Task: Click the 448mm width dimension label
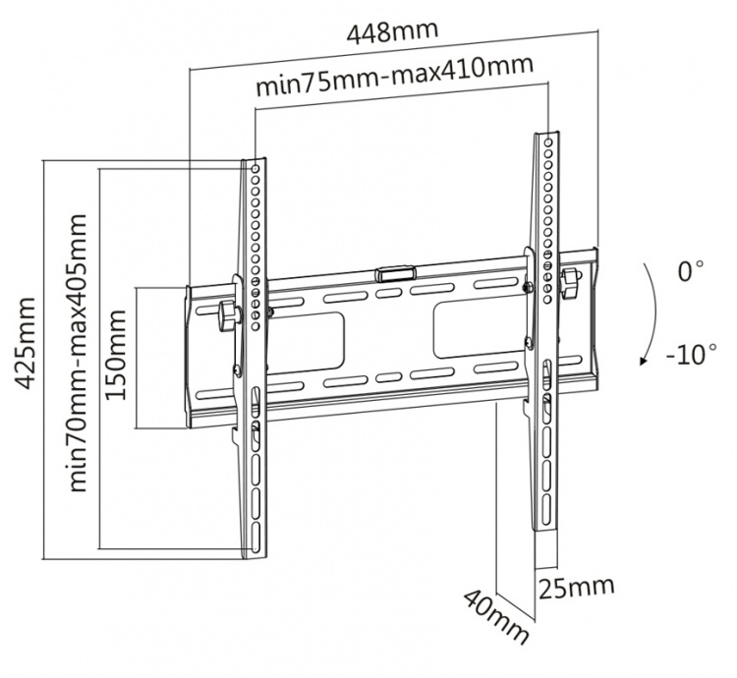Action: coord(392,32)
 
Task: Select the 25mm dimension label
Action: coord(577,588)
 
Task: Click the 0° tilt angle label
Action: coord(690,272)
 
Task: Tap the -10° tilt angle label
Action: coord(690,353)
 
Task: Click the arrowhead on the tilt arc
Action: coord(643,361)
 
